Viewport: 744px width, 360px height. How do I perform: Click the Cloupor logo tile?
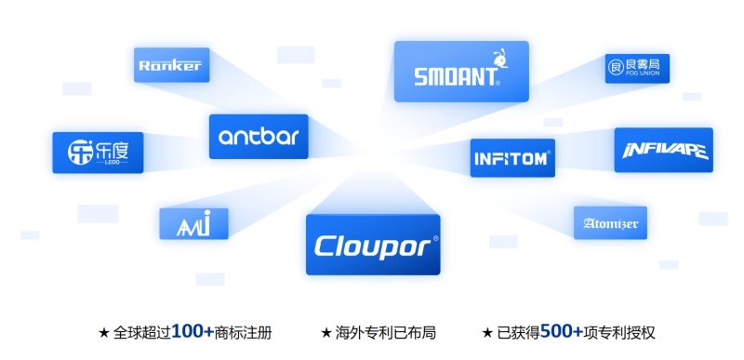pyautogui.click(x=372, y=245)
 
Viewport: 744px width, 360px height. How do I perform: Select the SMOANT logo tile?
pyautogui.click(x=460, y=72)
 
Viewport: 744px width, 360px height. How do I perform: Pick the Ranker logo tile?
pyautogui.click(x=169, y=64)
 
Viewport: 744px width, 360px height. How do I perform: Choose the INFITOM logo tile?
pyautogui.click(x=512, y=157)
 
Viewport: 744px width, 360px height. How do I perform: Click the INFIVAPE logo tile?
pyautogui.click(x=663, y=150)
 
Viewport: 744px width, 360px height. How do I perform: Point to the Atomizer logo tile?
pyautogui.click(x=609, y=223)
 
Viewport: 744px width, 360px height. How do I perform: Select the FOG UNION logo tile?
pyautogui.click(x=638, y=68)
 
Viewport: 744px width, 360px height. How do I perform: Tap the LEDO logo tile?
pyautogui.click(x=91, y=152)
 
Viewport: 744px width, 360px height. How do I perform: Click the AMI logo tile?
pyautogui.click(x=193, y=222)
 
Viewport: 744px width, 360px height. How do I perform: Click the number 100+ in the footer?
pyautogui.click(x=193, y=331)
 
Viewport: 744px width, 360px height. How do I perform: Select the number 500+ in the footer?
pyautogui.click(x=561, y=331)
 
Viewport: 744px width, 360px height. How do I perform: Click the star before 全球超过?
pyautogui.click(x=103, y=332)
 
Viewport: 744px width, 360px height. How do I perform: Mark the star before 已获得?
pyautogui.click(x=487, y=332)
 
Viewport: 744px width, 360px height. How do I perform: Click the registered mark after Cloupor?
pyautogui.click(x=435, y=238)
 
